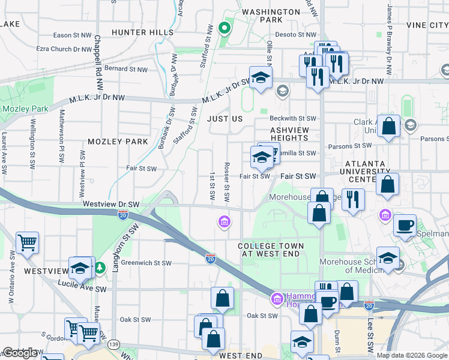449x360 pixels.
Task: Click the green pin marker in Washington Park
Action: point(224,28)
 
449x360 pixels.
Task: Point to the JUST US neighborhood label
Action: point(225,119)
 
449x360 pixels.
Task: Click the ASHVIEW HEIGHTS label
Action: point(289,134)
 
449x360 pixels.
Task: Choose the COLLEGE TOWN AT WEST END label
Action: point(270,250)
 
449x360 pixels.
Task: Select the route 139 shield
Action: point(113,344)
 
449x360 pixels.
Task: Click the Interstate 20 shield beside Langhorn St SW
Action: point(122,215)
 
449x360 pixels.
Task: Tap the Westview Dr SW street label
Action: point(111,204)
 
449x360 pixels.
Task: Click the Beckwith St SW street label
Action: point(292,119)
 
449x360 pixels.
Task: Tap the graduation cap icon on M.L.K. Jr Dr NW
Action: point(261,77)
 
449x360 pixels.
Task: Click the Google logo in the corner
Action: point(20,353)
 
